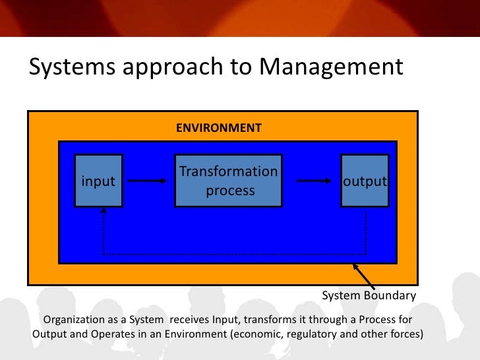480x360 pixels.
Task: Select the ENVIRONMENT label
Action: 218,127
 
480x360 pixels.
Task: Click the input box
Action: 98,181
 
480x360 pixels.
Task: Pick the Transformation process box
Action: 228,181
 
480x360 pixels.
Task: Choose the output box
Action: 364,181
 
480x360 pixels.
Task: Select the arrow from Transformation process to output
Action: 313,181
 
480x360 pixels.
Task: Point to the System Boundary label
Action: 369,295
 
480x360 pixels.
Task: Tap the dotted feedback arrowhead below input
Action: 104,212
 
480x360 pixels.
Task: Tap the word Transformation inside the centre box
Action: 228,171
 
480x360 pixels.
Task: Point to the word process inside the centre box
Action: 229,191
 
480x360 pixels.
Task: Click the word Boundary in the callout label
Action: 392,295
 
